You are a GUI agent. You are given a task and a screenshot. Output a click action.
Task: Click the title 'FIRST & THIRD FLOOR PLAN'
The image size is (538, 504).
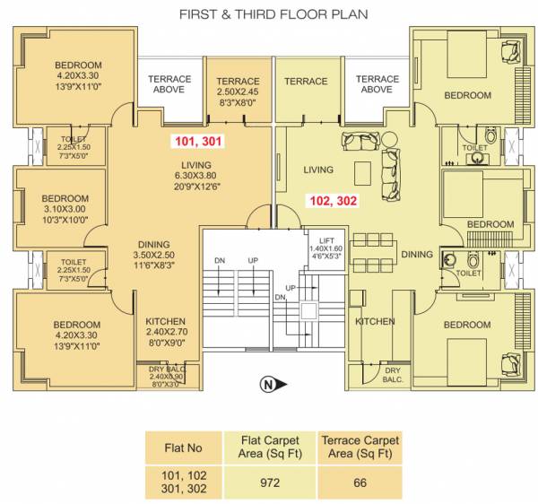click(x=273, y=14)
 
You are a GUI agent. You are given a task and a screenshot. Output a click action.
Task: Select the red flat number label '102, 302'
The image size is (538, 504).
click(x=332, y=202)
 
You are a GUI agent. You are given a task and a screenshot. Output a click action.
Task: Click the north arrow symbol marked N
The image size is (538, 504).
click(x=269, y=387)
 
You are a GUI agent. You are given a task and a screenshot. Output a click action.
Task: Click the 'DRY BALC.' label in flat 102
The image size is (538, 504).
click(x=392, y=374)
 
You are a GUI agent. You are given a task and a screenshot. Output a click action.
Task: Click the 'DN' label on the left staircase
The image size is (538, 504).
click(x=220, y=261)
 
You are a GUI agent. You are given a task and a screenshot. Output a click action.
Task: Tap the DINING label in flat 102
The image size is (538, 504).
click(x=416, y=255)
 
